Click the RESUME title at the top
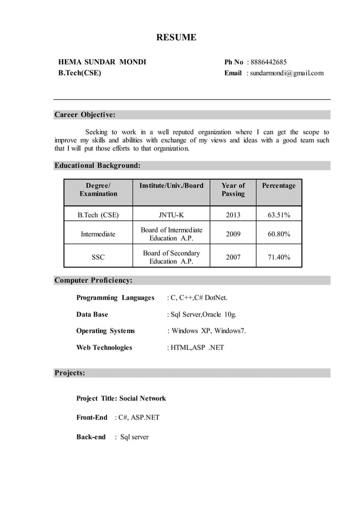click(176, 38)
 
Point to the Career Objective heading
click(85, 115)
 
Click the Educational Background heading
click(97, 166)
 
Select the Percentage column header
click(278, 186)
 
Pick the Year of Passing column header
click(233, 190)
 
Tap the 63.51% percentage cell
click(278, 214)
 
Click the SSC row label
click(98, 257)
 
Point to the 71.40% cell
click(278, 257)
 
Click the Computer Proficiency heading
click(93, 280)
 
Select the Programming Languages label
click(115, 297)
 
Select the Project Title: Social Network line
click(121, 398)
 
